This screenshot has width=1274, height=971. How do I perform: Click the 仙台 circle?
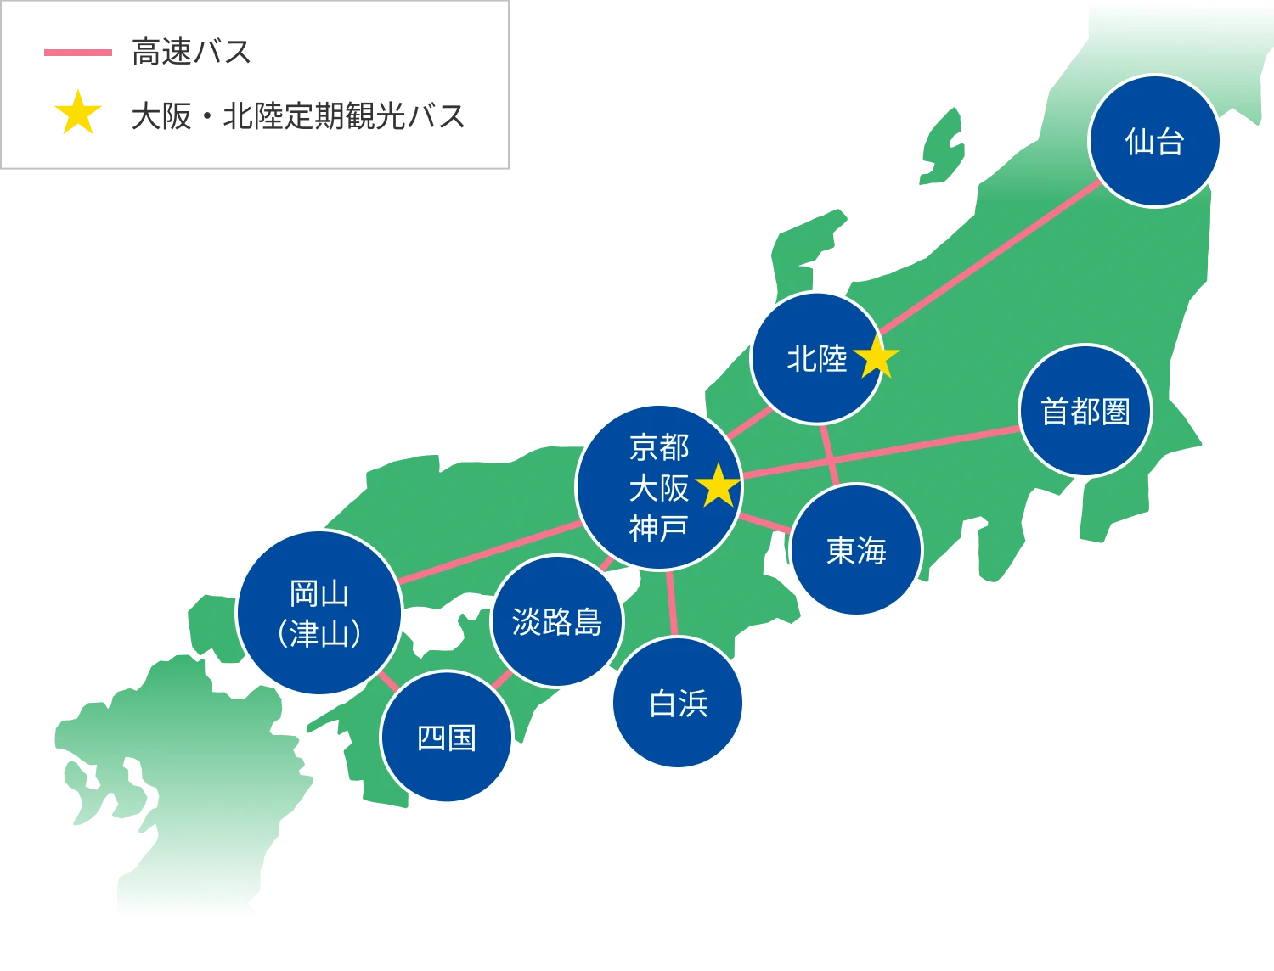(x=1154, y=141)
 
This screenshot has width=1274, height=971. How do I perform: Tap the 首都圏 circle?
(x=1085, y=411)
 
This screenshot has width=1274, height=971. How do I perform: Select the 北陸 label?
(x=816, y=359)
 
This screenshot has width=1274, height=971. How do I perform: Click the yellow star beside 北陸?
(x=876, y=359)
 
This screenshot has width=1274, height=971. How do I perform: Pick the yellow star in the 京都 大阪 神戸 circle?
(x=719, y=485)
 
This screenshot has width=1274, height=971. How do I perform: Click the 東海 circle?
(x=856, y=550)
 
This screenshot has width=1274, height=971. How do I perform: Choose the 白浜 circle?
(x=678, y=703)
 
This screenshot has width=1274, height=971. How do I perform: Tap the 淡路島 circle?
(x=557, y=621)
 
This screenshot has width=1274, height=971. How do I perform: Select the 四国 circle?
(x=447, y=737)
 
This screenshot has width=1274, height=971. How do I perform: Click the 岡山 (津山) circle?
(x=318, y=613)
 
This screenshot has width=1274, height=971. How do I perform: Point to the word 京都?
(x=659, y=446)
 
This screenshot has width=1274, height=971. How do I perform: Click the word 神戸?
(x=658, y=528)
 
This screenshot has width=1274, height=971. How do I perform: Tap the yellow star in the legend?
(x=78, y=114)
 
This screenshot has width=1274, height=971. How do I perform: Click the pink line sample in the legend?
(x=77, y=53)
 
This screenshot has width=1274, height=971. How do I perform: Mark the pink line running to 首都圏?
(x=883, y=451)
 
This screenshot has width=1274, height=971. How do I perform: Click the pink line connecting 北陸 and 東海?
(x=830, y=454)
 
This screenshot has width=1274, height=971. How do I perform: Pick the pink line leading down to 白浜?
(x=672, y=603)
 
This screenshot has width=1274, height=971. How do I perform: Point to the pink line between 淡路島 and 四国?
(x=502, y=679)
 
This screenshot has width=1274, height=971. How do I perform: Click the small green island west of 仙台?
(x=942, y=149)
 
